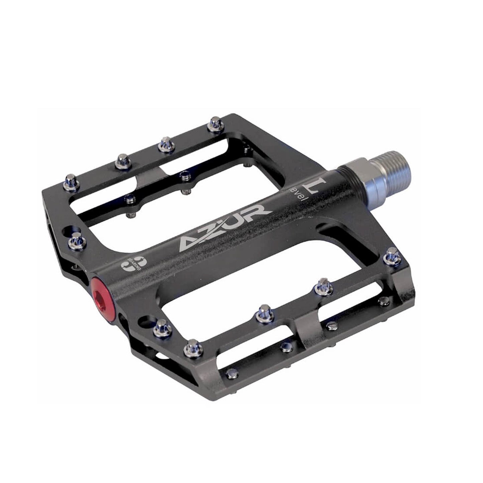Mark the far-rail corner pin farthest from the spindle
point(71,179)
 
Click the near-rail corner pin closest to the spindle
point(391,255)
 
